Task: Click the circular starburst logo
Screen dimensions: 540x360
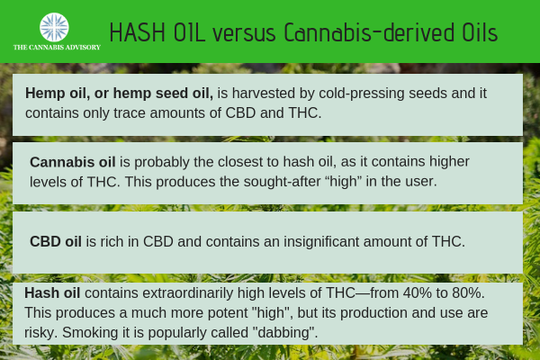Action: click(x=54, y=27)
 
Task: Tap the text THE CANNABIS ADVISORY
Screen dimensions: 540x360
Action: click(x=57, y=47)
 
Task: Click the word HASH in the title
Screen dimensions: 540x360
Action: click(x=138, y=32)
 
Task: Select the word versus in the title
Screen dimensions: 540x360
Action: click(x=244, y=34)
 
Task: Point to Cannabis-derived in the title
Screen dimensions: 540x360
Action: click(x=369, y=32)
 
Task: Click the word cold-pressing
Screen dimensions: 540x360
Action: click(x=362, y=94)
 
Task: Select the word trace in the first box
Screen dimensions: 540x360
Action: click(x=130, y=113)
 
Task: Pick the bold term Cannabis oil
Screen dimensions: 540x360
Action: click(x=73, y=162)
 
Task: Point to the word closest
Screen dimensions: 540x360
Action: click(x=248, y=162)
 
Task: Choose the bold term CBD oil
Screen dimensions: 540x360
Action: click(x=56, y=241)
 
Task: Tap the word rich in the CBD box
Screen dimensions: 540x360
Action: click(x=112, y=241)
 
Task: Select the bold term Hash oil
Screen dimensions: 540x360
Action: click(x=52, y=292)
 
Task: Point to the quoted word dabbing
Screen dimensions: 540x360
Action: click(x=285, y=333)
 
